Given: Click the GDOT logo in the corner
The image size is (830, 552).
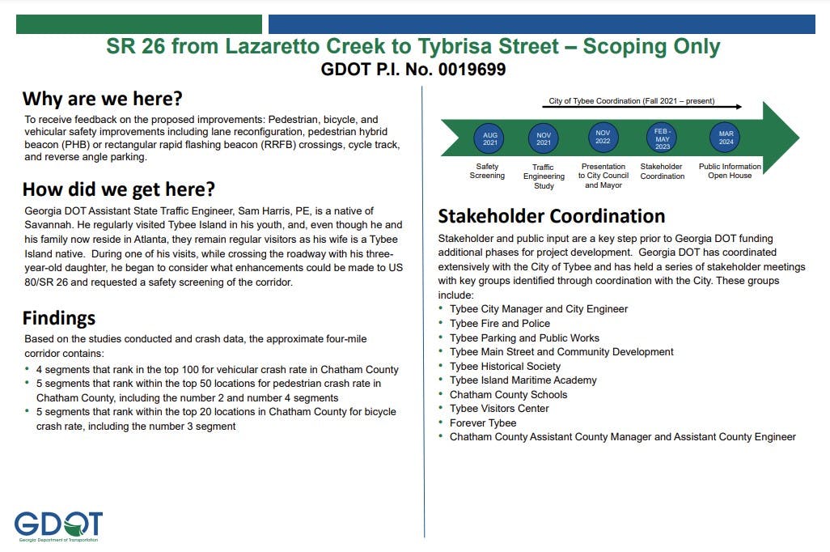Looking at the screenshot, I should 58,525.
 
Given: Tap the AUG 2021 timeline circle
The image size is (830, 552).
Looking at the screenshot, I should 489,138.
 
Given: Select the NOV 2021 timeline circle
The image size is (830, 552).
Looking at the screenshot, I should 544,138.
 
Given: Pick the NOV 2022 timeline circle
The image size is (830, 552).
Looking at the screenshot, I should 603,136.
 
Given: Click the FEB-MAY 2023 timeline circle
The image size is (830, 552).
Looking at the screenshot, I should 663,138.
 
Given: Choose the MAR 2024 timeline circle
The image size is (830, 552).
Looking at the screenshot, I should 725,138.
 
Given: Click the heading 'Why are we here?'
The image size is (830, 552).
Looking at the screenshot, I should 102,99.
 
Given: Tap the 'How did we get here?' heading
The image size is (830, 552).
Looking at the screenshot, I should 118,189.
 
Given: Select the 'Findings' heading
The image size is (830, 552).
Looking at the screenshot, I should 58,317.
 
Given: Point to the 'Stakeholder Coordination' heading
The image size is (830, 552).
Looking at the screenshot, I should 551,216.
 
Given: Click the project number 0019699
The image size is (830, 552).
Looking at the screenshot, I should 472,70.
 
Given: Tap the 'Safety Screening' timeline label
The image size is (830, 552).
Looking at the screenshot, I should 487,171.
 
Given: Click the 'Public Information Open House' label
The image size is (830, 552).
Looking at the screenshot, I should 730,171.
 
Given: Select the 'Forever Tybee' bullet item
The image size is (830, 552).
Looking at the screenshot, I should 483,422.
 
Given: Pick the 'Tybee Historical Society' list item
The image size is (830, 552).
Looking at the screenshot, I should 505,366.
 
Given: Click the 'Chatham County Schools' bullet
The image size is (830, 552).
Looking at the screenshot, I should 508,394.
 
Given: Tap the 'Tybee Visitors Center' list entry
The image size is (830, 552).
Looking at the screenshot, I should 499,409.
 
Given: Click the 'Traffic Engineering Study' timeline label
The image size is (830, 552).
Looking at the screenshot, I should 544,176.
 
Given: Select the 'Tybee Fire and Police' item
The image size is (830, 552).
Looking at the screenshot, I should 499,324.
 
